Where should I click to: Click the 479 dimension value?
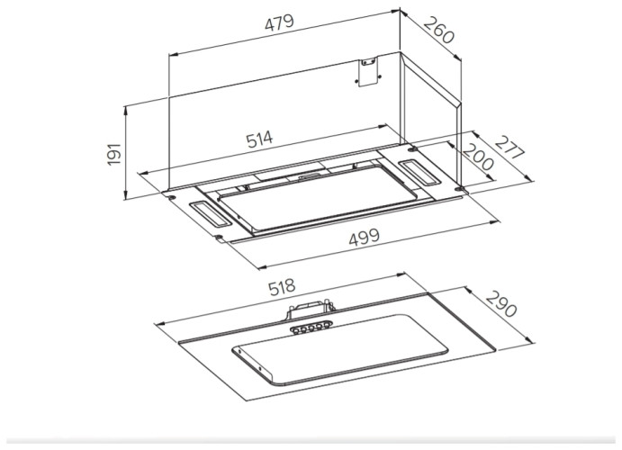pyautogui.click(x=279, y=22)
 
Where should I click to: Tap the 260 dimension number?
pyautogui.click(x=438, y=31)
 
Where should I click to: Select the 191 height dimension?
pyautogui.click(x=114, y=154)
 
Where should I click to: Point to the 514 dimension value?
pyautogui.click(x=259, y=139)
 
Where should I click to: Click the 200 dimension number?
pyautogui.click(x=478, y=157)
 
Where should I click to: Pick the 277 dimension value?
pyautogui.click(x=509, y=148)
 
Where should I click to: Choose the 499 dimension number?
pyautogui.click(x=365, y=238)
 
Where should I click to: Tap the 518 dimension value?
pyautogui.click(x=282, y=287)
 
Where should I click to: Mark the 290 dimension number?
pyautogui.click(x=501, y=304)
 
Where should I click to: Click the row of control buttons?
pyautogui.click(x=311, y=328)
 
